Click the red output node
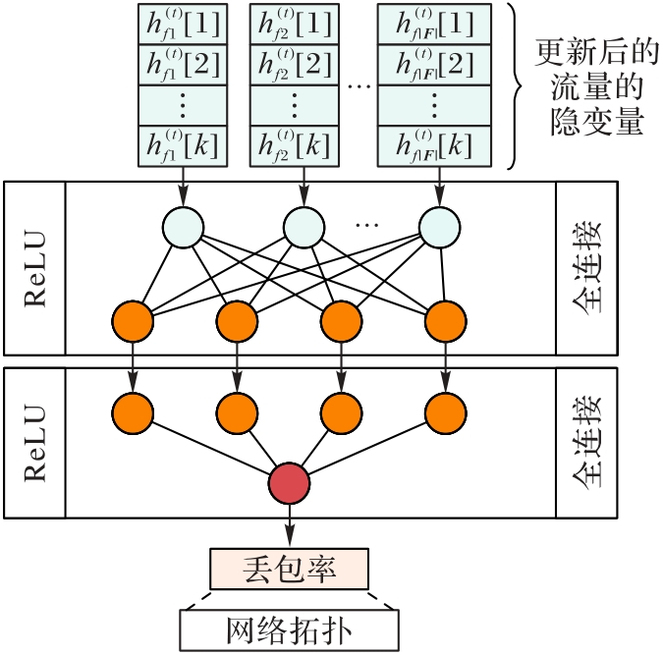coord(289,483)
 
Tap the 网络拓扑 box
coord(289,626)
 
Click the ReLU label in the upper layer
coord(35,267)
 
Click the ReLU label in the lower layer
coord(35,443)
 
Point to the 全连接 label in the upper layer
coord(586,267)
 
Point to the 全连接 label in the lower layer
coord(586,443)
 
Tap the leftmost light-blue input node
coord(183,229)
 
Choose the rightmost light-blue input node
coord(439,229)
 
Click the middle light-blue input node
coord(304,229)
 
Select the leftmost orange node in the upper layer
coord(133,318)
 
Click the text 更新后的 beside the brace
coord(587,50)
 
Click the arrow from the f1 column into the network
coord(184,187)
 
